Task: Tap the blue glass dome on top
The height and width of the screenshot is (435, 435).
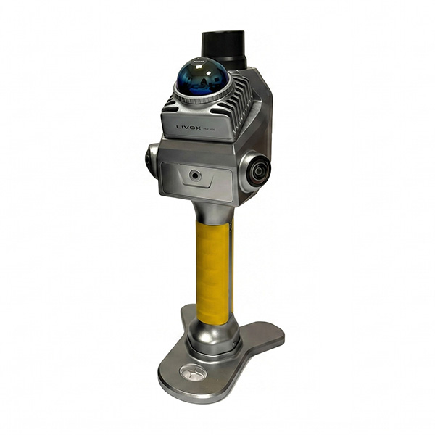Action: click(x=202, y=75)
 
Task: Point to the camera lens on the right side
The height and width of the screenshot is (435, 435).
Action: click(x=257, y=171)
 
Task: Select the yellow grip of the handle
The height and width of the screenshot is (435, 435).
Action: click(x=212, y=268)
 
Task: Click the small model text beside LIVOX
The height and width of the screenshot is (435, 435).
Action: click(x=215, y=126)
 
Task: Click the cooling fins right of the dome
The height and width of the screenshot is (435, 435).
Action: click(x=243, y=101)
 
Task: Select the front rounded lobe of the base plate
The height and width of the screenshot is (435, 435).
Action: click(x=188, y=381)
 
